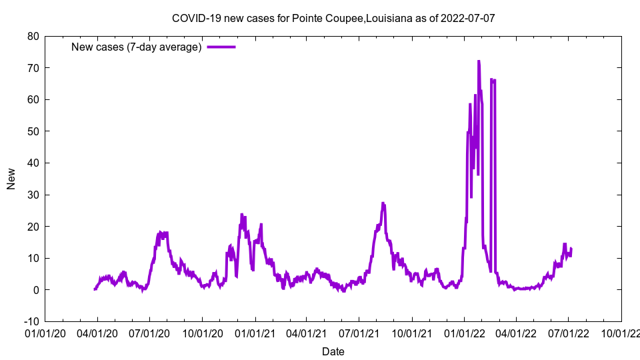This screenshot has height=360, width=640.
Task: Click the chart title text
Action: [333, 18]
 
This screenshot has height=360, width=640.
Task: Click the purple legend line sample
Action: [221, 47]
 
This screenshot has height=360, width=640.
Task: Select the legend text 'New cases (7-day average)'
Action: [136, 47]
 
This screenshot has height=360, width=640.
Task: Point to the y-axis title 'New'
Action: [11, 179]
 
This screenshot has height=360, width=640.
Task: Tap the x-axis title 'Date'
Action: [333, 351]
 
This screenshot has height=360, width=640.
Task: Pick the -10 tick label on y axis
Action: [31, 321]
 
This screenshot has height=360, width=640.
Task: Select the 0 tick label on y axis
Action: [36, 290]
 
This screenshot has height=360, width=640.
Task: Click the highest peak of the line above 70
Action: [479, 61]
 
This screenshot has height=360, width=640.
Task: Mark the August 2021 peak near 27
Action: [383, 203]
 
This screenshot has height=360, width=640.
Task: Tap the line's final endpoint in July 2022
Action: [571, 249]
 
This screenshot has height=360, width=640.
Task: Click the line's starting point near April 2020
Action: [95, 289]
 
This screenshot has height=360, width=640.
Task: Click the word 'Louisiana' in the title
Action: [389, 18]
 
